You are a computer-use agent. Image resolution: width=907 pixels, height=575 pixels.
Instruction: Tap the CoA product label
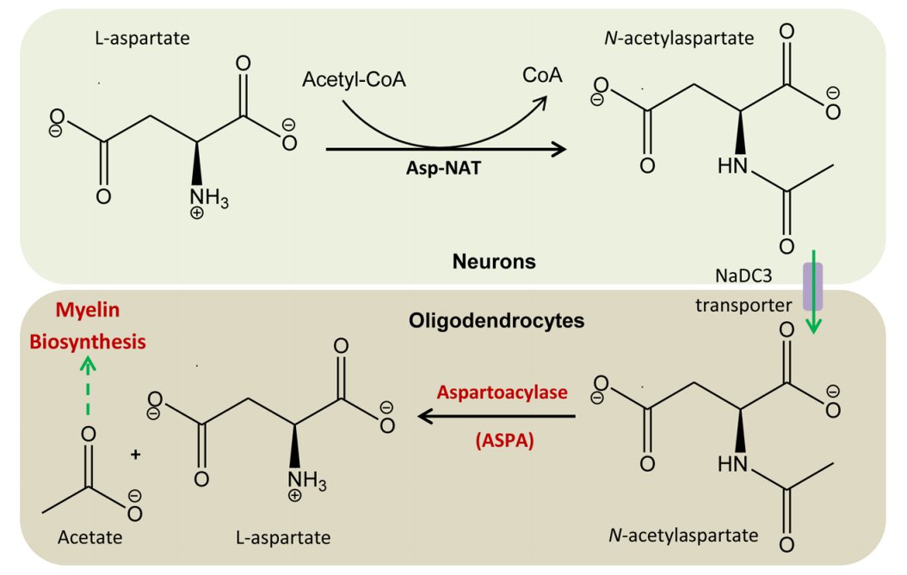tap(542, 75)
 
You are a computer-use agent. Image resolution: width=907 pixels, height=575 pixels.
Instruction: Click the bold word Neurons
tap(494, 262)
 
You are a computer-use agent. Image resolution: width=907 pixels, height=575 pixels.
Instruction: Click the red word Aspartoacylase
tap(503, 392)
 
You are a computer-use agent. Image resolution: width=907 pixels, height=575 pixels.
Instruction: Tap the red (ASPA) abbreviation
tap(504, 442)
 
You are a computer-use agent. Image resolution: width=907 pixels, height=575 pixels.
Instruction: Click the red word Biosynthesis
tap(87, 342)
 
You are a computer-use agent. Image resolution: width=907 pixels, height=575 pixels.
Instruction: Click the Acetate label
tap(89, 538)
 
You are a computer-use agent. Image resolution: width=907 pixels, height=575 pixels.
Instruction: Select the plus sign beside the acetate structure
tap(135, 453)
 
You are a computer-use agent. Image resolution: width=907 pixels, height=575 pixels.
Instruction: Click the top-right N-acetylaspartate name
tap(680, 39)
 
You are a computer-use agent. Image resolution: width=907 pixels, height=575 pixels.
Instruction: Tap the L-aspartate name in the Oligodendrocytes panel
tap(282, 538)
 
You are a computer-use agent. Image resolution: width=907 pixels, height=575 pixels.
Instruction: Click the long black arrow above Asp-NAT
tap(446, 149)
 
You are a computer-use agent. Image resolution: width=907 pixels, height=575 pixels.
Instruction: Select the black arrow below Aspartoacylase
tap(497, 417)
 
